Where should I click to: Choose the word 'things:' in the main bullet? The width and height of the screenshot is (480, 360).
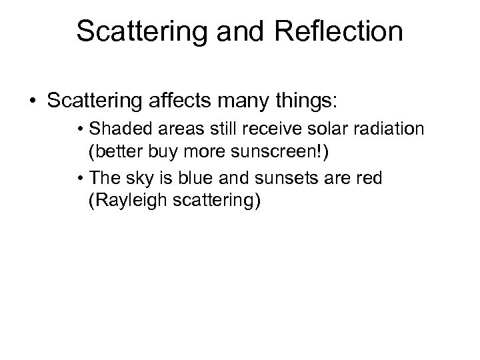(x=309, y=104)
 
